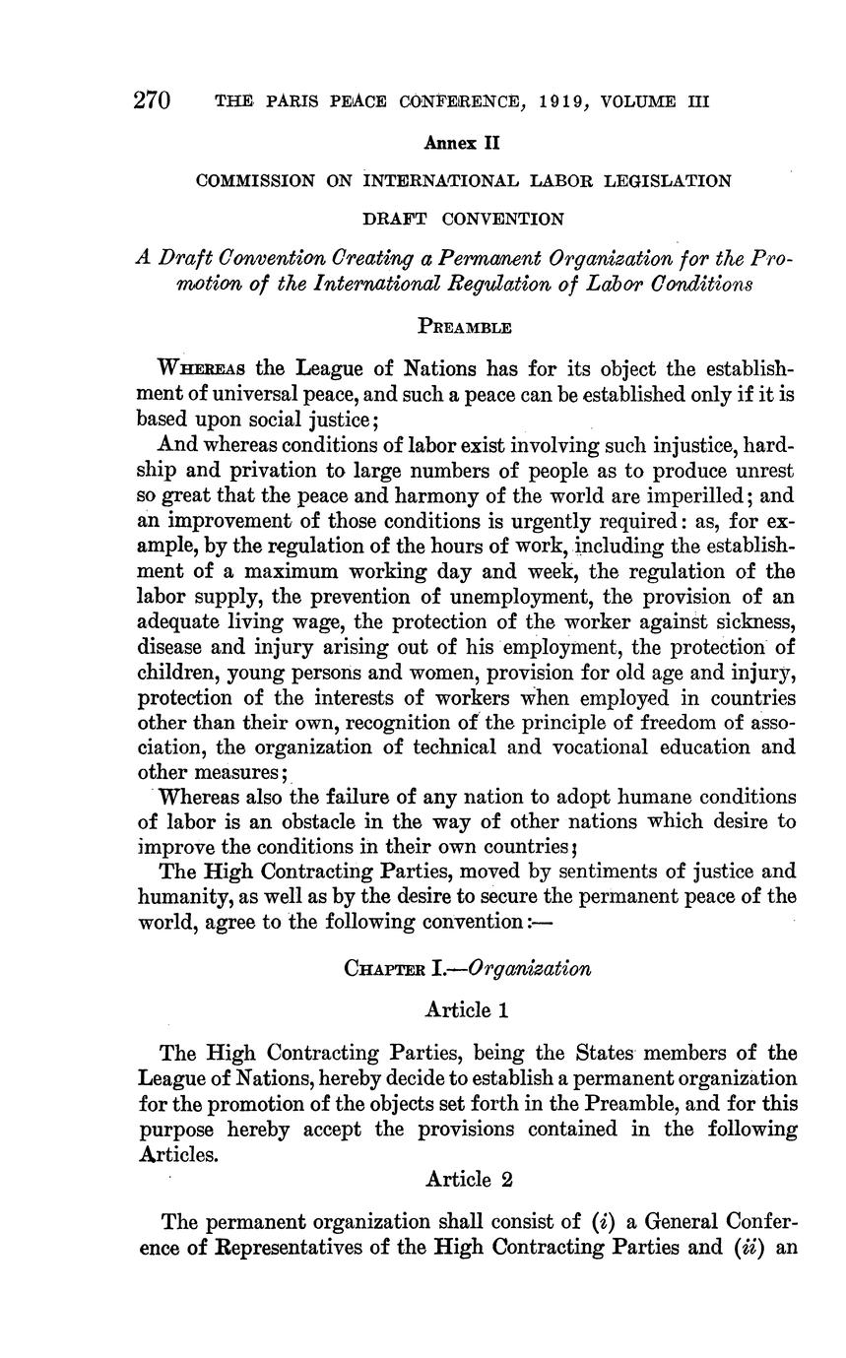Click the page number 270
tap(153, 100)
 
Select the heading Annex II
tap(462, 143)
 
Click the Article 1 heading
tap(467, 1009)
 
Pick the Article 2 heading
tap(467, 1179)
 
